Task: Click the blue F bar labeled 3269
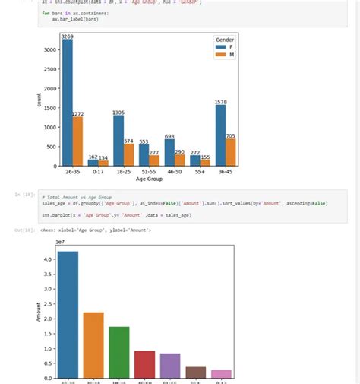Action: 68,103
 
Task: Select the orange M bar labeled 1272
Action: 78,141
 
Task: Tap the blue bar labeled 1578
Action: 220,135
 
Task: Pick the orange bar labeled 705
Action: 231,152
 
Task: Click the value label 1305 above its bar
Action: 118,113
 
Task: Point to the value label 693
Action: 169,136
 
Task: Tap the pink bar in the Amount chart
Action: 221,374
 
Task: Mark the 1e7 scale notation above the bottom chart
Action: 61,242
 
